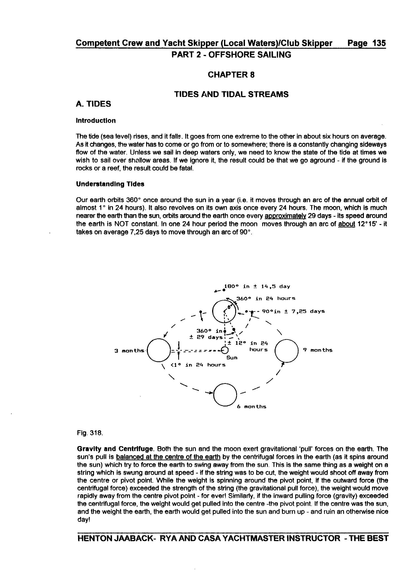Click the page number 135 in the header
(x=379, y=43)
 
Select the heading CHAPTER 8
(x=231, y=75)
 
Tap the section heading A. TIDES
(x=93, y=104)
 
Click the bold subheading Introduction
(x=96, y=121)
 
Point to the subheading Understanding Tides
(x=110, y=184)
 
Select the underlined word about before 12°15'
(x=346, y=224)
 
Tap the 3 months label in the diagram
(x=129, y=351)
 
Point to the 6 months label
(x=252, y=407)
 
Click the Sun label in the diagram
(x=232, y=358)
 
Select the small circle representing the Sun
(x=225, y=350)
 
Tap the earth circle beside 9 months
(x=287, y=351)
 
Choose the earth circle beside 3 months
(x=159, y=351)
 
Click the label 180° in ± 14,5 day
(x=257, y=286)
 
